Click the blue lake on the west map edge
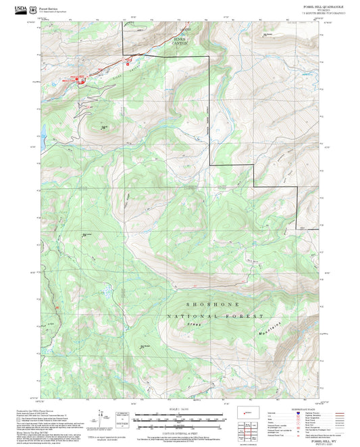click(x=42, y=129)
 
